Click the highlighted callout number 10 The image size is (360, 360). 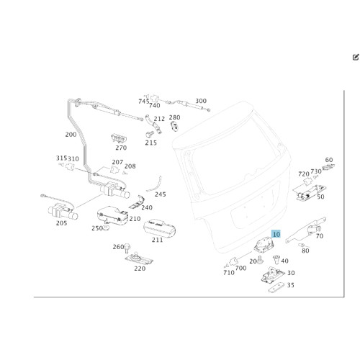click(x=276, y=234)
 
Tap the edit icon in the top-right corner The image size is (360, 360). click(x=356, y=57)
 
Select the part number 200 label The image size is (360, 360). click(x=71, y=135)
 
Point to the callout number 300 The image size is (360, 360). click(x=201, y=101)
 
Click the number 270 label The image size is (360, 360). click(x=121, y=148)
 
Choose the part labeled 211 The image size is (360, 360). click(x=160, y=228)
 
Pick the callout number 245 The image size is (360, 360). click(x=160, y=194)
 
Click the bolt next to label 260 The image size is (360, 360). click(x=127, y=248)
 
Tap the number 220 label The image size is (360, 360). click(x=140, y=269)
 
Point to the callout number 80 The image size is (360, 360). click(x=305, y=251)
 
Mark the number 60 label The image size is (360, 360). click(x=329, y=160)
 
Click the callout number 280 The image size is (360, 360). click(x=174, y=117)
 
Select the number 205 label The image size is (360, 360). click(x=61, y=223)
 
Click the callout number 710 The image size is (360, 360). click(x=229, y=273)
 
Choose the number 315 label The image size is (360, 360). click(x=61, y=158)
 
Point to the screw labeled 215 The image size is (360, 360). click(x=148, y=134)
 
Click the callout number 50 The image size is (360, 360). click(x=320, y=197)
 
